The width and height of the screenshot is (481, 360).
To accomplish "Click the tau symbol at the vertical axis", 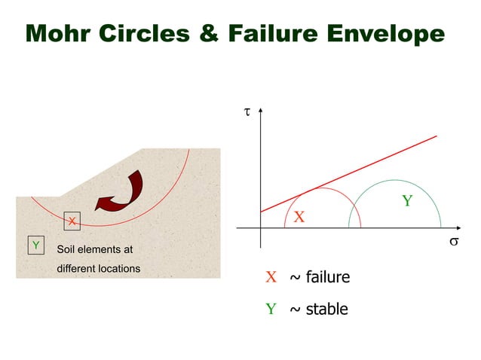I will [x=247, y=111].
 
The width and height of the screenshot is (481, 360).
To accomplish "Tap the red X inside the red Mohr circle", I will [x=299, y=218].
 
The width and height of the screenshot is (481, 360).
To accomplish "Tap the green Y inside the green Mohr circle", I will [x=407, y=201].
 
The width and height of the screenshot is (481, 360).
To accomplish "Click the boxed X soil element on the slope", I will [x=72, y=221].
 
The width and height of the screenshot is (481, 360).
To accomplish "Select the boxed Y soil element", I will [x=35, y=245].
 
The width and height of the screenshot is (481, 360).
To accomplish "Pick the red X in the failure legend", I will [x=271, y=277].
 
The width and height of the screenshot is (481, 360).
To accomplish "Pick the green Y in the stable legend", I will [x=271, y=309].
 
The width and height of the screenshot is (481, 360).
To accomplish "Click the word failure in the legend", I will [x=327, y=277].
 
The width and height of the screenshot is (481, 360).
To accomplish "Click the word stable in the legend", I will [x=326, y=309].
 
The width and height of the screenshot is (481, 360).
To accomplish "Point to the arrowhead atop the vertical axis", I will [x=260, y=111].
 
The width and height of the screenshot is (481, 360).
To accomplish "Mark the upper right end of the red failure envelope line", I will [x=437, y=136].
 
